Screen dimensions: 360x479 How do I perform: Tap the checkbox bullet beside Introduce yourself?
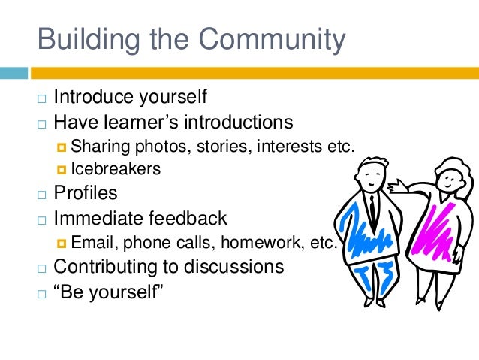coord(42,99)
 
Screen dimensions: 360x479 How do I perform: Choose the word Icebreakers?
coord(116,169)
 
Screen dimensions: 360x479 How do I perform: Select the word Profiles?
coord(86,193)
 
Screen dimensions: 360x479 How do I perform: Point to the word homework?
coord(270,242)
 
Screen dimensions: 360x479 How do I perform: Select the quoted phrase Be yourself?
coord(109,290)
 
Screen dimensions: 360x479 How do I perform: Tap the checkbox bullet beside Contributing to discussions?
coord(42,268)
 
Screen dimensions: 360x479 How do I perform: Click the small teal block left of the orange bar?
coord(13,73)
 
